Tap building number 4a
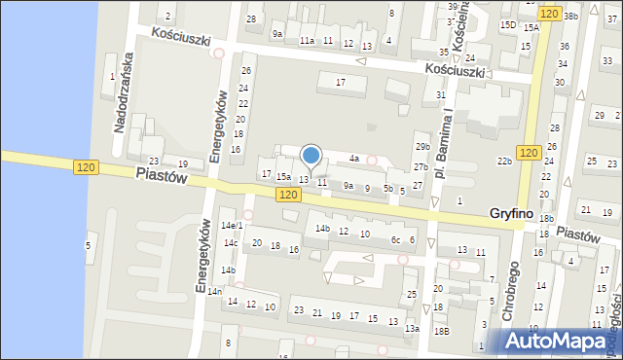(355, 158)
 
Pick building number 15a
(282, 176)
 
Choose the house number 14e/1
(231, 226)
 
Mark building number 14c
(230, 243)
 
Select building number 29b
(421, 146)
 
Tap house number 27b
(420, 167)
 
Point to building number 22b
(504, 161)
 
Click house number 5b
(388, 188)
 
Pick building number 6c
(396, 239)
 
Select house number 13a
(412, 329)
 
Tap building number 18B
(441, 332)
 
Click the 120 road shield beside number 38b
(549, 14)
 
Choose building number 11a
(307, 41)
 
